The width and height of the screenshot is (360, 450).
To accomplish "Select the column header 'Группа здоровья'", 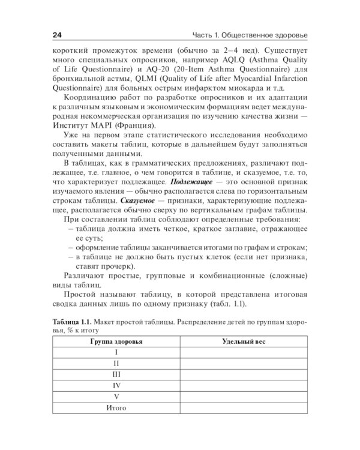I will (x=116, y=341).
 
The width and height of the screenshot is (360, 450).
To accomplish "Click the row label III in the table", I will (x=116, y=374).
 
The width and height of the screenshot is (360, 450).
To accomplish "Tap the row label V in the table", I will (x=116, y=397).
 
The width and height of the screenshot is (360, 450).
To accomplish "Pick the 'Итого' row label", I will (x=116, y=408).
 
